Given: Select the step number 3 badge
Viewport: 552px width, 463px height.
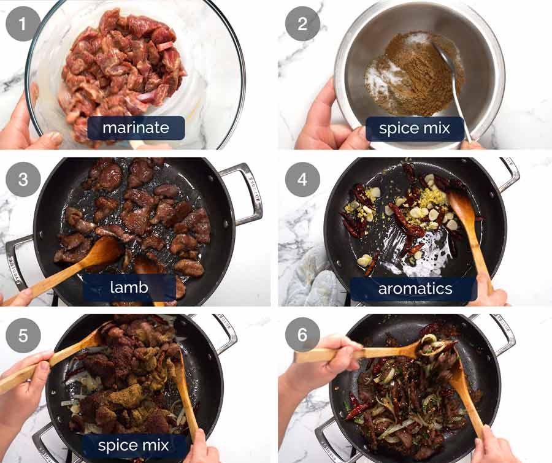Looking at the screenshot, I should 23,180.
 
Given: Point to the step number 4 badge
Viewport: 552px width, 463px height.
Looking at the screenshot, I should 302,180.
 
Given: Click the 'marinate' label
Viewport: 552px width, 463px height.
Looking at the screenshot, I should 136,128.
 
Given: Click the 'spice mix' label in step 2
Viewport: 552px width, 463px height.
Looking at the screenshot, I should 415,128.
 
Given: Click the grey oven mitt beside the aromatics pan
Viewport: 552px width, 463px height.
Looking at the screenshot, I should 310,279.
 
